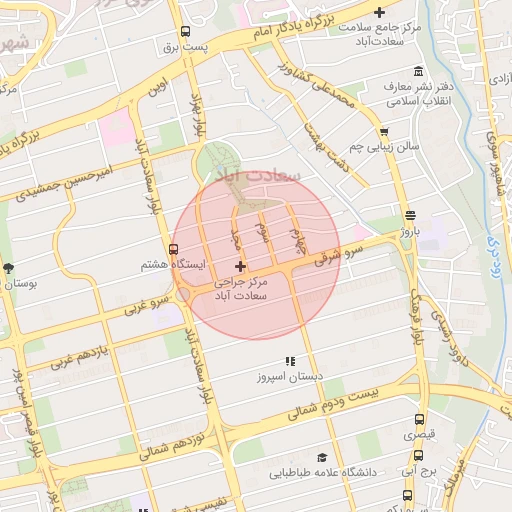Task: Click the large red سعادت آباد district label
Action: [257, 174]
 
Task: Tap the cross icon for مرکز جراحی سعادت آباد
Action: [239, 266]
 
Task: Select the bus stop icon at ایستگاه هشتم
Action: [174, 249]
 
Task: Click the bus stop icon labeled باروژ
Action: [410, 216]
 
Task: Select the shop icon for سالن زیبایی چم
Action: [383, 131]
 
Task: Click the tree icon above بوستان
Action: [9, 268]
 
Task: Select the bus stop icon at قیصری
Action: [418, 419]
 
